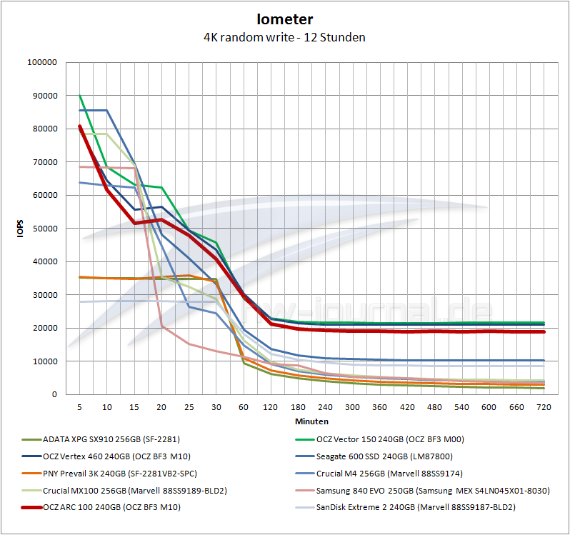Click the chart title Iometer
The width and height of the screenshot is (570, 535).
click(284, 20)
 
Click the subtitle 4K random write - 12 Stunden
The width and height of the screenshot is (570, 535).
click(284, 37)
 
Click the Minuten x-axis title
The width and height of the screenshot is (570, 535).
click(311, 421)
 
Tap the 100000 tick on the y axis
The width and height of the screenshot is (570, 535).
click(41, 62)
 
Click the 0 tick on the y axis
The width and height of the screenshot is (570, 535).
click(54, 394)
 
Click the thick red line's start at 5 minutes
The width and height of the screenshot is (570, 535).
click(79, 126)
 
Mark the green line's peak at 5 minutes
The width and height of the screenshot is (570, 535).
click(79, 96)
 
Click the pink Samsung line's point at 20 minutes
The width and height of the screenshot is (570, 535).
click(161, 326)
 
